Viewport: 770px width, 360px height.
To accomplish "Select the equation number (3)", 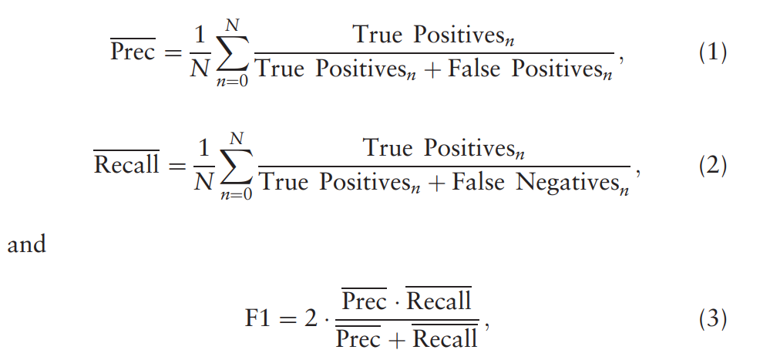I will (x=712, y=318).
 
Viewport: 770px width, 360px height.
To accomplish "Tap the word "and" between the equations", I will (x=26, y=245).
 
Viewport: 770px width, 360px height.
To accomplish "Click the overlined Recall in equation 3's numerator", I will (x=439, y=301).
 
